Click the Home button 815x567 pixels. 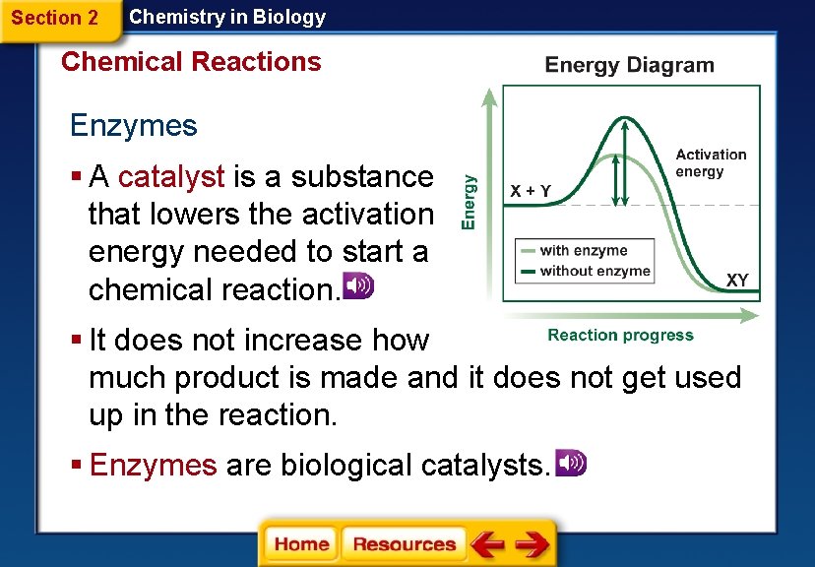[300, 543]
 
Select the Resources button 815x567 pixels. [404, 543]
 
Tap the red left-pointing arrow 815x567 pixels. [486, 543]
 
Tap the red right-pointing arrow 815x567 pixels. [532, 543]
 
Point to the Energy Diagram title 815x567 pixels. [629, 66]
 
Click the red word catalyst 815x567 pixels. [172, 177]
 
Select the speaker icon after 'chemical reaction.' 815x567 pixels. [356, 286]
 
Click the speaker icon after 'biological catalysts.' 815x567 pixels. [570, 463]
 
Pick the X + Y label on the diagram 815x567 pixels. [531, 190]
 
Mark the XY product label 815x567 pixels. [737, 281]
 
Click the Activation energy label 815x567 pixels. [711, 163]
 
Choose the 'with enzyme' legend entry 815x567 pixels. [583, 251]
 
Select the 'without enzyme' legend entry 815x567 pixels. [595, 271]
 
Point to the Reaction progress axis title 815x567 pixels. [620, 336]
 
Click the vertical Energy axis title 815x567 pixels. [470, 202]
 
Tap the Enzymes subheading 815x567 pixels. [133, 126]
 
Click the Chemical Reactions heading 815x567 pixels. [191, 62]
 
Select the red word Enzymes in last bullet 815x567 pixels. [153, 465]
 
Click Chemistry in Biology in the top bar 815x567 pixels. [227, 17]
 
